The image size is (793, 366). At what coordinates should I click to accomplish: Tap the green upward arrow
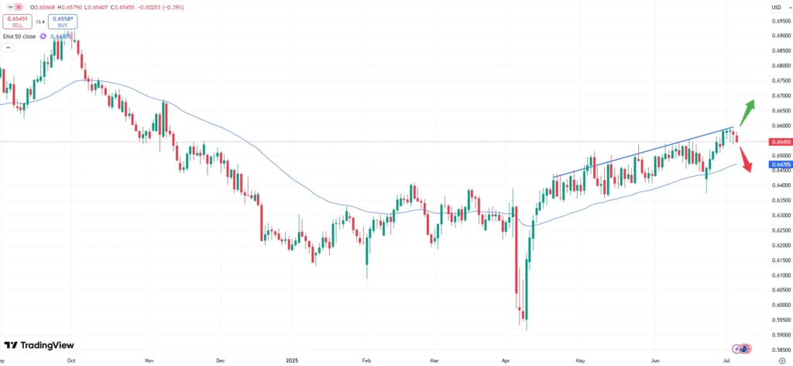tap(746, 112)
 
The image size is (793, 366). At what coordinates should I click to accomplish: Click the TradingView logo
tap(39, 345)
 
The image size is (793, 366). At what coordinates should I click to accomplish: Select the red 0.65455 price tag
tap(778, 142)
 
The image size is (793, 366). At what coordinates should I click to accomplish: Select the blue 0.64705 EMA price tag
tap(778, 164)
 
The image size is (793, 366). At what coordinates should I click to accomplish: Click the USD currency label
tap(776, 8)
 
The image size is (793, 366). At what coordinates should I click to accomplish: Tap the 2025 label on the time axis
tap(291, 361)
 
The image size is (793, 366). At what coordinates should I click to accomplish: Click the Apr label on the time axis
tap(506, 361)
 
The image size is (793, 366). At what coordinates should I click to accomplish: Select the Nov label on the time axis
tap(150, 361)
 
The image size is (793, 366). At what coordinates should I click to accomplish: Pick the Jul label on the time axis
tap(727, 361)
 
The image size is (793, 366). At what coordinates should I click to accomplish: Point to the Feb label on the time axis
tap(366, 361)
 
